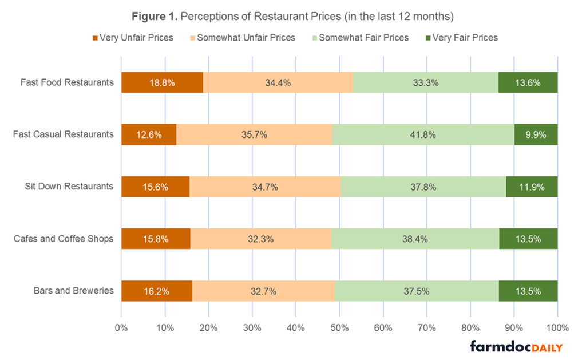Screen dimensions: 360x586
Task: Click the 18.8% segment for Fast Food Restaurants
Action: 162,82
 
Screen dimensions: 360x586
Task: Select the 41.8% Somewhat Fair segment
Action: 423,135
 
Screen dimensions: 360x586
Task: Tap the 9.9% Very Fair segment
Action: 536,135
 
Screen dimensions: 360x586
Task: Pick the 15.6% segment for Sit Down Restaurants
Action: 155,187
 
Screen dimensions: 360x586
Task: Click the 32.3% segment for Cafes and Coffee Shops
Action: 261,239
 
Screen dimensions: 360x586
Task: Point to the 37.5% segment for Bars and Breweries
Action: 417,291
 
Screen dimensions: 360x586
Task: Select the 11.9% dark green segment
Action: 532,187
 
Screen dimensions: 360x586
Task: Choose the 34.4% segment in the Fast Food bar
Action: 278,82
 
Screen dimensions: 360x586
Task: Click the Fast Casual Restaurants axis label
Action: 64,134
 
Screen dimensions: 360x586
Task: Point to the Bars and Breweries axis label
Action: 73,290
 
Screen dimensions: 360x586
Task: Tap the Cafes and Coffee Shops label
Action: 64,238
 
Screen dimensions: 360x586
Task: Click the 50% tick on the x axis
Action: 339,328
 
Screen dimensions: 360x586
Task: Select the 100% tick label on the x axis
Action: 557,328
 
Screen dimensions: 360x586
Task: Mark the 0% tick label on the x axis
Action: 121,328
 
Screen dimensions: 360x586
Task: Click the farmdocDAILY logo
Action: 516,347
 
